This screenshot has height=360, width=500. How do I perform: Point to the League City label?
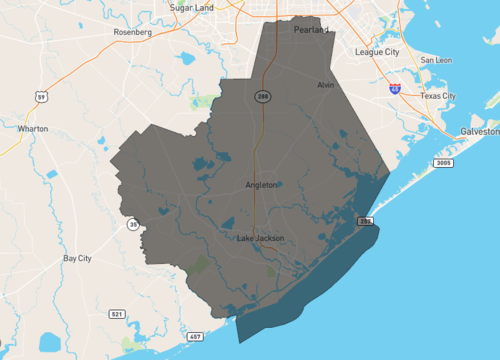[378, 51]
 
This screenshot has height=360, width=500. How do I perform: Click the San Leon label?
[436, 60]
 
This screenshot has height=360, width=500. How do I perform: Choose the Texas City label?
[437, 96]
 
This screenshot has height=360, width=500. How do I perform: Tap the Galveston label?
[479, 131]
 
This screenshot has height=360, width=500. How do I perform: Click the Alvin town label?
[324, 86]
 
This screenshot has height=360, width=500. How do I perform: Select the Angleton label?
[261, 185]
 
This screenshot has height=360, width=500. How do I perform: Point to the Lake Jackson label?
[261, 238]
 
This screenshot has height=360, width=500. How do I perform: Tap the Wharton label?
[33, 129]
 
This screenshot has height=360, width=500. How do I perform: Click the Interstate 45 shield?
[397, 89]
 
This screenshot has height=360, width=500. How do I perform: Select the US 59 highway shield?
[41, 96]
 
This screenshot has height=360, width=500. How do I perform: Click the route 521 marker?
[118, 314]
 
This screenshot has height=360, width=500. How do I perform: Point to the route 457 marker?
[195, 336]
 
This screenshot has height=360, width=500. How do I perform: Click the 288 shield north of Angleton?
[262, 97]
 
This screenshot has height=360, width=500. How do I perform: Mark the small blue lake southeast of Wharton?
[52, 175]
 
